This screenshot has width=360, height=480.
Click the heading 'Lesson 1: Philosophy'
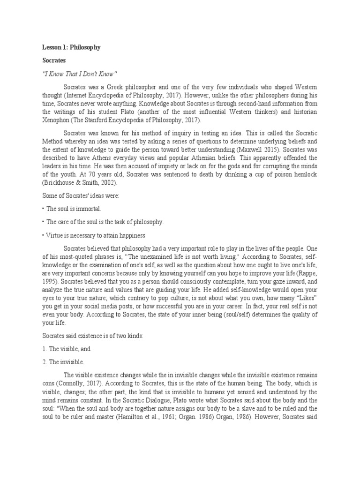71,47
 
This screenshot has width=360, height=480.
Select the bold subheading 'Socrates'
54,60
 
